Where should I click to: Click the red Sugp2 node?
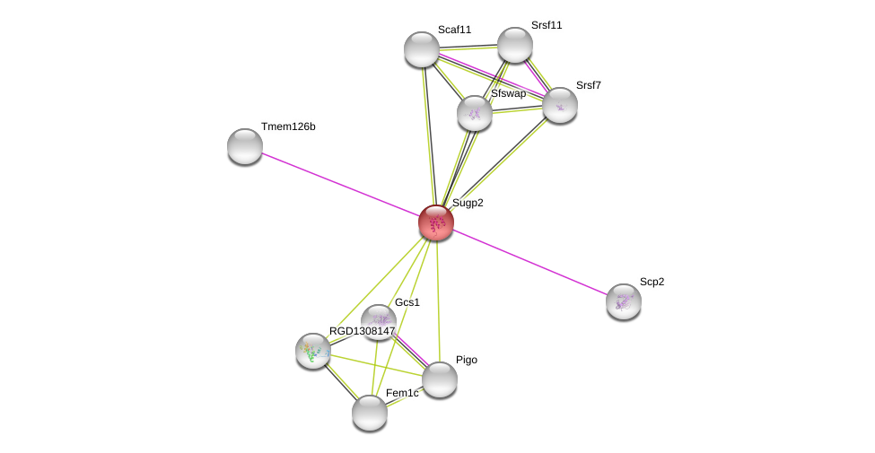click(436, 222)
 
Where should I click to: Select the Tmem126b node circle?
click(245, 146)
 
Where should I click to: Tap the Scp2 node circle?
click(624, 301)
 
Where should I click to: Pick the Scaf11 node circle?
click(422, 49)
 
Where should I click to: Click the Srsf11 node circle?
click(515, 45)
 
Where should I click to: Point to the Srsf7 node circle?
click(560, 105)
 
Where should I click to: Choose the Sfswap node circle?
click(475, 113)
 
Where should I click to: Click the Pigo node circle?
click(440, 379)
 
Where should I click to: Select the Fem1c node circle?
click(370, 413)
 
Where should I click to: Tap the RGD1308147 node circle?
click(313, 351)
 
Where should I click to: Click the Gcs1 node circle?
click(378, 321)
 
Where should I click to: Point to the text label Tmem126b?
click(288, 126)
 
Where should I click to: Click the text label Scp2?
click(652, 282)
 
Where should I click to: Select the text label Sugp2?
click(468, 203)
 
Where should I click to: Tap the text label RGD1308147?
click(362, 331)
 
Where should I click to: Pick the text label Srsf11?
click(547, 25)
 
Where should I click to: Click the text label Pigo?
click(467, 360)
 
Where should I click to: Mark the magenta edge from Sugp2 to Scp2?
click(529, 262)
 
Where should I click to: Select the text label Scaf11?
click(454, 30)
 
